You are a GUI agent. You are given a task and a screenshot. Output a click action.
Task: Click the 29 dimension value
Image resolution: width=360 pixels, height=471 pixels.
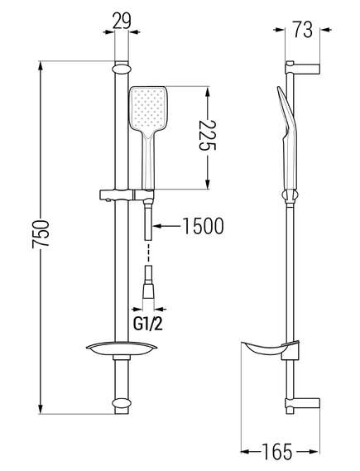tap(122, 22)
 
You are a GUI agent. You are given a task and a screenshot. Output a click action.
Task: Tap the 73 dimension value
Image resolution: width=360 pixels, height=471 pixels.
tap(303, 30)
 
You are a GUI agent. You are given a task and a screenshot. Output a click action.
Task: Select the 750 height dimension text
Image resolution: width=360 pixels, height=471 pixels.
tap(41, 234)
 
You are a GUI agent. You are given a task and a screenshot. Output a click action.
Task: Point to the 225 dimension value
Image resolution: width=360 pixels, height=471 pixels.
tap(208, 135)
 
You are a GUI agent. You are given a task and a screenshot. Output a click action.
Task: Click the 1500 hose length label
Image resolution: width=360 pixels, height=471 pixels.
tap(204, 226)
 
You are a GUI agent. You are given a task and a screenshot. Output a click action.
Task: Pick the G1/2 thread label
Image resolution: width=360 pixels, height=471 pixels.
tap(148, 324)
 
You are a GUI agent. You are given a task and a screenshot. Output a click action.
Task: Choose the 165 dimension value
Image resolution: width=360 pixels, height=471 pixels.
tap(276, 451)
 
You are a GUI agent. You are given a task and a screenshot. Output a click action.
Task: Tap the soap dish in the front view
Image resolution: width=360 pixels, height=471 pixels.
tap(122, 348)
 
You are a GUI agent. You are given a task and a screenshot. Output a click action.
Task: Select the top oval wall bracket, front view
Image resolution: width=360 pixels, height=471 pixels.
tap(122, 68)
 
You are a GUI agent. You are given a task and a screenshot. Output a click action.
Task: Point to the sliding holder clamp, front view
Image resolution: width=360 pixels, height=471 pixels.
tap(126, 195)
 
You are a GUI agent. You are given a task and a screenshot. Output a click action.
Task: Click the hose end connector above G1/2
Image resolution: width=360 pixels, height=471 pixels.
tap(148, 281)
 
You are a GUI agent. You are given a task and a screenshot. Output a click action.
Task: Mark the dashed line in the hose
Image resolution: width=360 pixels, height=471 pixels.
tap(148, 253)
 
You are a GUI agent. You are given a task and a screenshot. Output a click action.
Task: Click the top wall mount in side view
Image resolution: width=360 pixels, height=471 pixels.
tap(302, 69)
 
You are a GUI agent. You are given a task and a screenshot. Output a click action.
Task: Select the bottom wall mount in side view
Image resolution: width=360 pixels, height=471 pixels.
tap(302, 403)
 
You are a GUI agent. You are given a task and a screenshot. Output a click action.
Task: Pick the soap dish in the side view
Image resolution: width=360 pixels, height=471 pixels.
tap(271, 350)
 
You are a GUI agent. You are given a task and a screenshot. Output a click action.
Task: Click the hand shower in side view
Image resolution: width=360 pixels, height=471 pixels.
tap(288, 142)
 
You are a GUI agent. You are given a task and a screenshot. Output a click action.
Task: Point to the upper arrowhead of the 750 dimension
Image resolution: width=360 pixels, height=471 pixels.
tap(41, 68)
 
